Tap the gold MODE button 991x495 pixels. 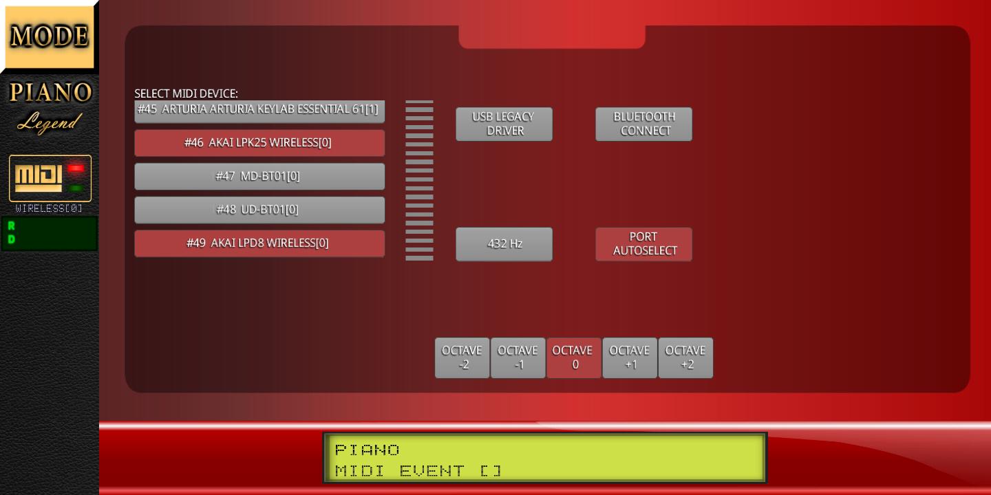(49, 36)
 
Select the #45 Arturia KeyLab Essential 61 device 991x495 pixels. (259, 111)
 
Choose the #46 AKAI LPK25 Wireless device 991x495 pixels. (259, 143)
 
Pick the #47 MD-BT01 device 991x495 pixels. (259, 176)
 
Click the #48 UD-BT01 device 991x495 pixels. (259, 210)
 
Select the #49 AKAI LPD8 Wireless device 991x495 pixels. (259, 243)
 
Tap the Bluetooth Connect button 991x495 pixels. (643, 124)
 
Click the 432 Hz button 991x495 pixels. (504, 244)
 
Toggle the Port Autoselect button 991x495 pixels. (643, 244)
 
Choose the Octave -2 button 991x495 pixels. (462, 358)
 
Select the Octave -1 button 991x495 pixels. (518, 358)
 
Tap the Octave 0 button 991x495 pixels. (574, 358)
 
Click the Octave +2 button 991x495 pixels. (685, 358)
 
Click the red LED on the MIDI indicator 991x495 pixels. (76, 168)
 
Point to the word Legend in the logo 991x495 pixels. (50, 122)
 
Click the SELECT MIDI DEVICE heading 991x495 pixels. (186, 93)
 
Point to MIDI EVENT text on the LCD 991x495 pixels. (399, 471)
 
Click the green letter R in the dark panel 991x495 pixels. (12, 225)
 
